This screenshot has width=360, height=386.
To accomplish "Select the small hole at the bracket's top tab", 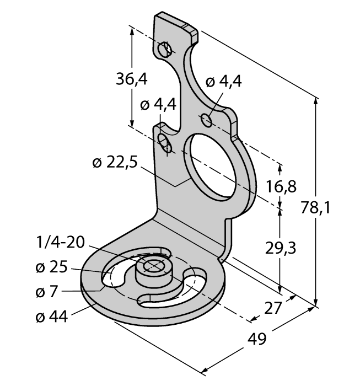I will pos(164,50).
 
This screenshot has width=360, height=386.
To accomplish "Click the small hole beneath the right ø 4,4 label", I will pos(207,119).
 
